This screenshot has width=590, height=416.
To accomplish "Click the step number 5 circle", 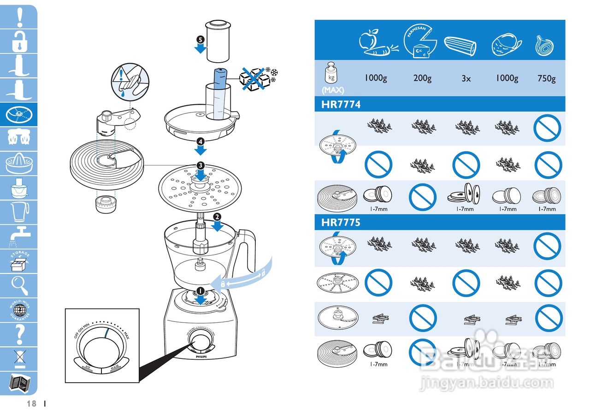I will [x=200, y=39].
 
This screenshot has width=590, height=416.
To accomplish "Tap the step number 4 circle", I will [x=200, y=142].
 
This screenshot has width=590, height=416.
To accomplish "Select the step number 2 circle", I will [x=217, y=216].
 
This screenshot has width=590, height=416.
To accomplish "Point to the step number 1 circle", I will [x=200, y=290].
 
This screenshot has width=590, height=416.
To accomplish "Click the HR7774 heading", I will [x=341, y=105].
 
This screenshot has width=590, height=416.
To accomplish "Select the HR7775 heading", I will [x=341, y=222].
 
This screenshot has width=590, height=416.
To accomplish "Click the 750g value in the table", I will [x=546, y=78].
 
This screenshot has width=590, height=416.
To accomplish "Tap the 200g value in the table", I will [x=422, y=78].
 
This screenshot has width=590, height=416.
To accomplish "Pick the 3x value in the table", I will [x=466, y=78].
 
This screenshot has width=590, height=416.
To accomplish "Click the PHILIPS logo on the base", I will [x=200, y=357].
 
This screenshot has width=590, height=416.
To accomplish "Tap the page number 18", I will [x=31, y=404].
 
